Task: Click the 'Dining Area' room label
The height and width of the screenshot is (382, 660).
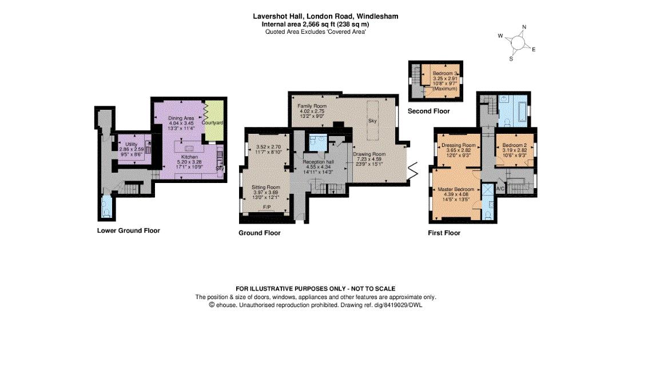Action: (x=180, y=118)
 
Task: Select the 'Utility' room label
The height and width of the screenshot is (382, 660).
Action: (x=132, y=144)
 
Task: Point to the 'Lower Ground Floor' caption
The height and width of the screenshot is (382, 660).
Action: (x=128, y=230)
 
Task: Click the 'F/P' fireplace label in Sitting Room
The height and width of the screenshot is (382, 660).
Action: (x=266, y=206)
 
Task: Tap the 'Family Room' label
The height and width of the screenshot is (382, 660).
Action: (x=312, y=106)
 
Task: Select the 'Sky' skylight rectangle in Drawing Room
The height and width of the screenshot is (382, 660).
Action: (x=372, y=121)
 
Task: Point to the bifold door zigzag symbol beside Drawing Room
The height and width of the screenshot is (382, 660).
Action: (x=413, y=169)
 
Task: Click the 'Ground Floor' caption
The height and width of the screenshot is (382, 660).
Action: (x=259, y=233)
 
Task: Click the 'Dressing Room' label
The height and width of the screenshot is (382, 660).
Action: (x=459, y=145)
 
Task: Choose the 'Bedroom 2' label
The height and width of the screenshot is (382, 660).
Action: (x=514, y=145)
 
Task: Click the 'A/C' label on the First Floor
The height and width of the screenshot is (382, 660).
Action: (x=500, y=188)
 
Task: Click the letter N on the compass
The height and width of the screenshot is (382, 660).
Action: (x=524, y=27)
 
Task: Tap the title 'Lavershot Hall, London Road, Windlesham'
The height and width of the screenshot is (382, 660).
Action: (x=325, y=17)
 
